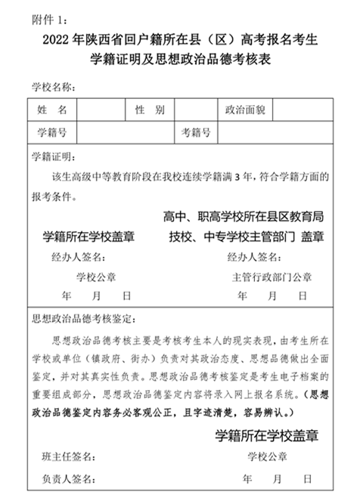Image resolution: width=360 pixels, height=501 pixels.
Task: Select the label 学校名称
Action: (x=52, y=87)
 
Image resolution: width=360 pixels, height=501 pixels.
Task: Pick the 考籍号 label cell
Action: (x=196, y=133)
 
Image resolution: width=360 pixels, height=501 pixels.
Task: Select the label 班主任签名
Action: (x=69, y=456)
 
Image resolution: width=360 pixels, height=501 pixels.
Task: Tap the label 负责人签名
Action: (x=69, y=479)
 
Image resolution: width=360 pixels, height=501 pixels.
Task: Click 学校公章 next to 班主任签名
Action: (x=267, y=456)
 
